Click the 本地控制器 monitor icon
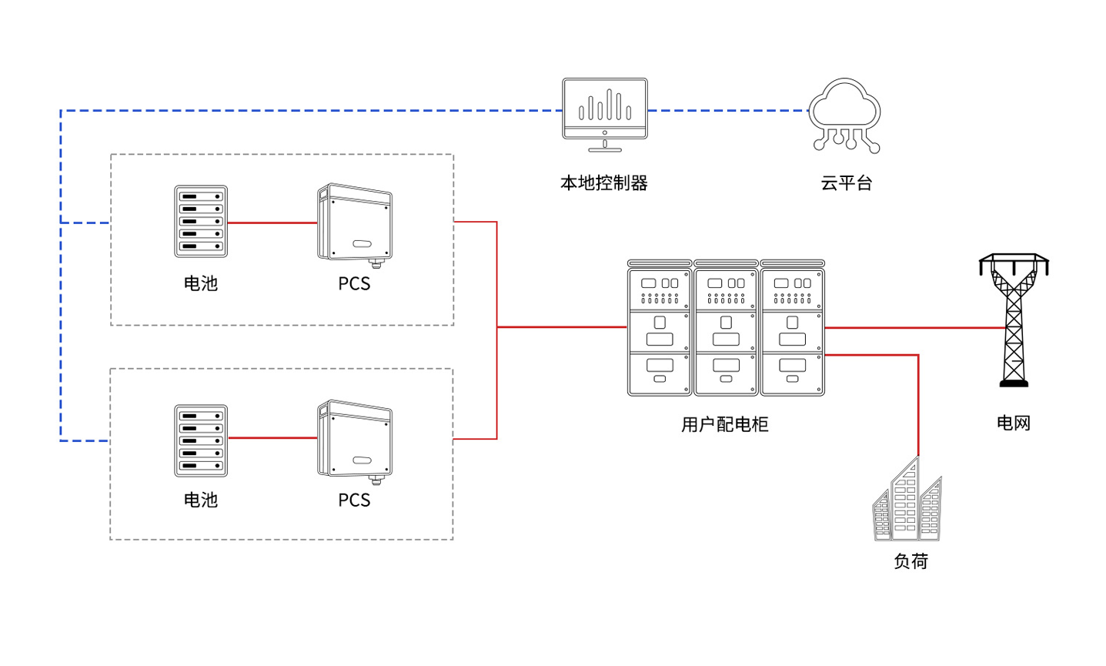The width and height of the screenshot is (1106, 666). tap(604, 109)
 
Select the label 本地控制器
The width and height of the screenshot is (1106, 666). tap(604, 183)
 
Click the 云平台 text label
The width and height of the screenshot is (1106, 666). tap(846, 183)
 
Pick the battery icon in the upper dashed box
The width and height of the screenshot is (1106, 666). tap(201, 222)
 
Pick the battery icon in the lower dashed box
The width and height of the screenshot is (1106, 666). tap(201, 440)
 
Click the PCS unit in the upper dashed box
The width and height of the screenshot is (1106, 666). tap(355, 223)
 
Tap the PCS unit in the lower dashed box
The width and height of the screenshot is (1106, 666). tap(355, 440)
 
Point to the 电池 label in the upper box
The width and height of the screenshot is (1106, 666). tap(201, 283)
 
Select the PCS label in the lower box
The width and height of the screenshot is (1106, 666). tap(354, 500)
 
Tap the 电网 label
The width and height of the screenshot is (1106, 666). tap(1013, 423)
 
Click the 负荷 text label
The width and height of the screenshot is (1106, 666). tap(911, 561)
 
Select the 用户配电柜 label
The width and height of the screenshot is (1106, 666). tap(725, 424)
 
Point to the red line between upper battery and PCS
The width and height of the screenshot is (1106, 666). tap(272, 223)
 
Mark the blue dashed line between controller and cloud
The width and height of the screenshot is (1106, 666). tap(727, 111)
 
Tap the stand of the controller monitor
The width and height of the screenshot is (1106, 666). tap(605, 146)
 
